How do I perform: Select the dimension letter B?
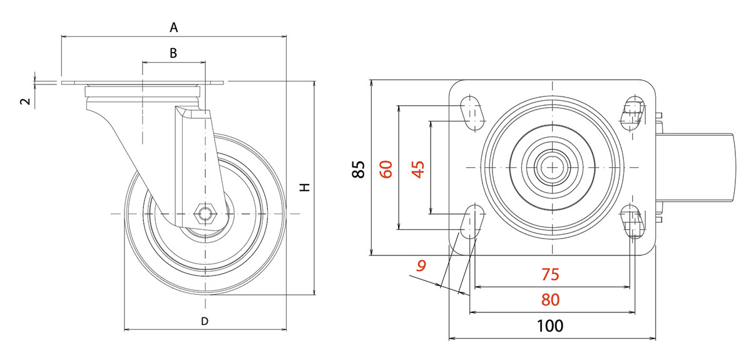coord(173,53)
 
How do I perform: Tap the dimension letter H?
coord(304,188)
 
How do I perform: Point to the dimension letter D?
coord(204,321)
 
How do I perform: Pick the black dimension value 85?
coord(358,169)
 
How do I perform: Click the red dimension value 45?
coord(417,168)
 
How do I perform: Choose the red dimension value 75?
coord(549,274)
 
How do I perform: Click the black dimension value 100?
coord(550,326)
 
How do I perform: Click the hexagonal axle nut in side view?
coord(205,214)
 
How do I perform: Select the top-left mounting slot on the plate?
coord(472,111)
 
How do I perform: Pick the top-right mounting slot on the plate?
coord(633,112)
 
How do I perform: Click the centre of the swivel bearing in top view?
coord(553,167)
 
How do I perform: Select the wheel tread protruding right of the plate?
coord(695,168)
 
